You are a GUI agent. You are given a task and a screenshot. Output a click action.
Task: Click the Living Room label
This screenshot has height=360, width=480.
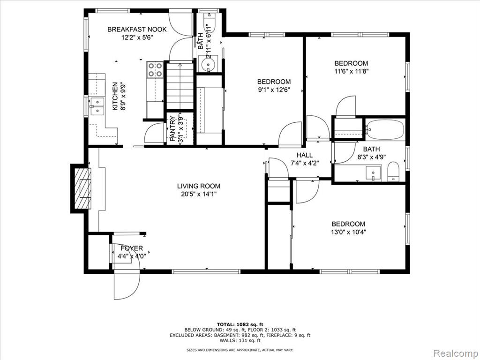tap(199, 186)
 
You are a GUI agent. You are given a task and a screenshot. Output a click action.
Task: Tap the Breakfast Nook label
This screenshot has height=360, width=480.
tap(137, 30)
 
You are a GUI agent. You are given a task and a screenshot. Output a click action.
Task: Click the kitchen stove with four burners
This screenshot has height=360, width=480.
tap(155, 69)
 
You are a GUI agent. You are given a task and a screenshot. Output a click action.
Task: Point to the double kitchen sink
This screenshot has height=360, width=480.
tap(97, 106)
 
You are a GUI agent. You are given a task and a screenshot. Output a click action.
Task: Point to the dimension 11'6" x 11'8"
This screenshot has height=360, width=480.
tap(351, 71)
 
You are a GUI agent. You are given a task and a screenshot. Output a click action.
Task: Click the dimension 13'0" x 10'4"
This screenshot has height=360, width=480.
tap(348, 232)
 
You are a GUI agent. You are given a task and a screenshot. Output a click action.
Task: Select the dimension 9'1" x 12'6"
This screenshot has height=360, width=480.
tap(274, 90)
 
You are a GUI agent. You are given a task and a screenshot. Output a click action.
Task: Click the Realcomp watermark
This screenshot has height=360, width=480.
tap(456, 353)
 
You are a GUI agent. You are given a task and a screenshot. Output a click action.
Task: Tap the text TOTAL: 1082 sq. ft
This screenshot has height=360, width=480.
tap(240, 324)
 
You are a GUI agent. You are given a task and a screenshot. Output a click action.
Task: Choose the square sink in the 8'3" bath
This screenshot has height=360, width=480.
tap(373, 173)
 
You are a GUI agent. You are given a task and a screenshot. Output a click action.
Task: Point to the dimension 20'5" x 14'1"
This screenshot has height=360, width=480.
tap(199, 194)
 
